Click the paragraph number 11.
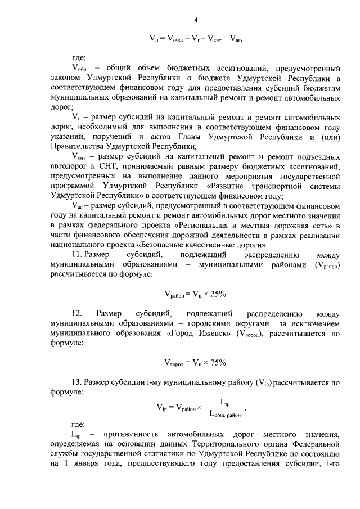78,255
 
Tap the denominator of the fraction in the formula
224,415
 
